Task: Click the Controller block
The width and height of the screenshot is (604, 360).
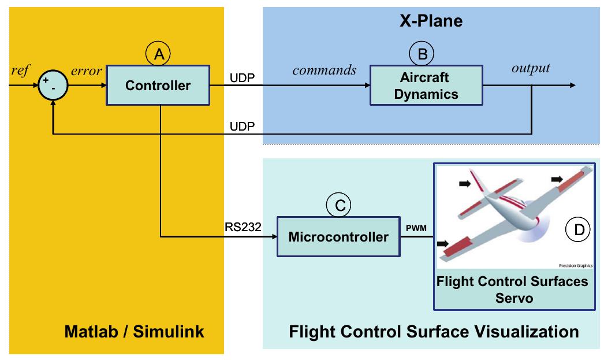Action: pos(158,86)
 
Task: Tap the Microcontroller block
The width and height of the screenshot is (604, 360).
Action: pos(338,237)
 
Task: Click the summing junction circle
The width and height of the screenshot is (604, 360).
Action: pos(53,86)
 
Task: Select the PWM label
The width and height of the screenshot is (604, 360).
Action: pos(416,229)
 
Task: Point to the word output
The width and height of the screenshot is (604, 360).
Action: pos(531,68)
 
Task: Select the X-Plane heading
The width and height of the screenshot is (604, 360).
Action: pos(431,22)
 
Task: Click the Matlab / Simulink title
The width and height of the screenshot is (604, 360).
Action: pos(134,332)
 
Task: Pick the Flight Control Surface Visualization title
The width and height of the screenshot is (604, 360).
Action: pos(433,332)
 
